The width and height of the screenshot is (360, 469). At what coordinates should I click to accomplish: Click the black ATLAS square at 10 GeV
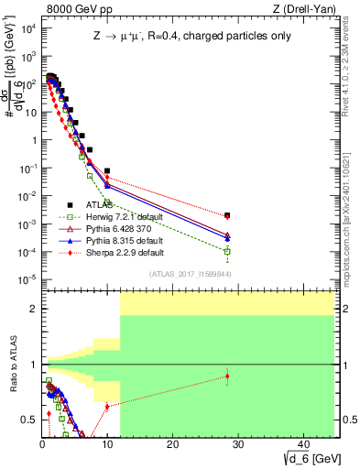pos(107,171)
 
